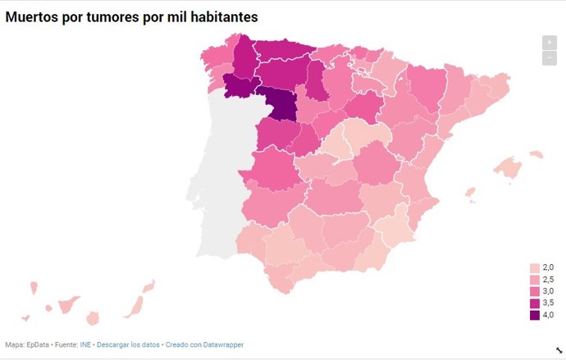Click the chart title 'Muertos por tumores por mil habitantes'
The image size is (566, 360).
point(140,16)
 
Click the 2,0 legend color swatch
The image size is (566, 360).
point(535,268)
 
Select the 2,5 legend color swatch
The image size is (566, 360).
point(535,280)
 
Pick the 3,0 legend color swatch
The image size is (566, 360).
point(535,291)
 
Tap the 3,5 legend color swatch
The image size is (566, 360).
point(535,303)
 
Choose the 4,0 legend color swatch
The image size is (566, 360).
point(535,315)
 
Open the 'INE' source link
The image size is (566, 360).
point(85,344)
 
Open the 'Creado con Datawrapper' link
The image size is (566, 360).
point(204,344)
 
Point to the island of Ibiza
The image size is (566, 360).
point(470,194)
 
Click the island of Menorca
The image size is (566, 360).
point(536,154)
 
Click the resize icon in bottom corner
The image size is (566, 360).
point(559,349)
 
